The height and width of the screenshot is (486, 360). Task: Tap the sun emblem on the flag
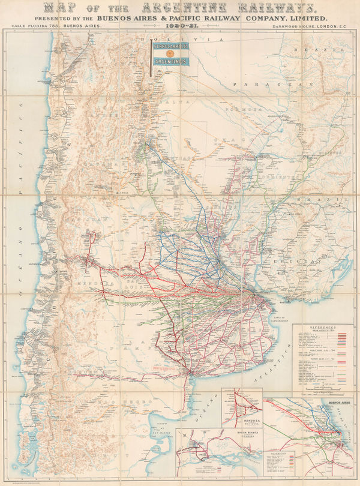(169, 53)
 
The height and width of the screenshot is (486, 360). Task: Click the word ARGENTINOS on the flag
(170, 61)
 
